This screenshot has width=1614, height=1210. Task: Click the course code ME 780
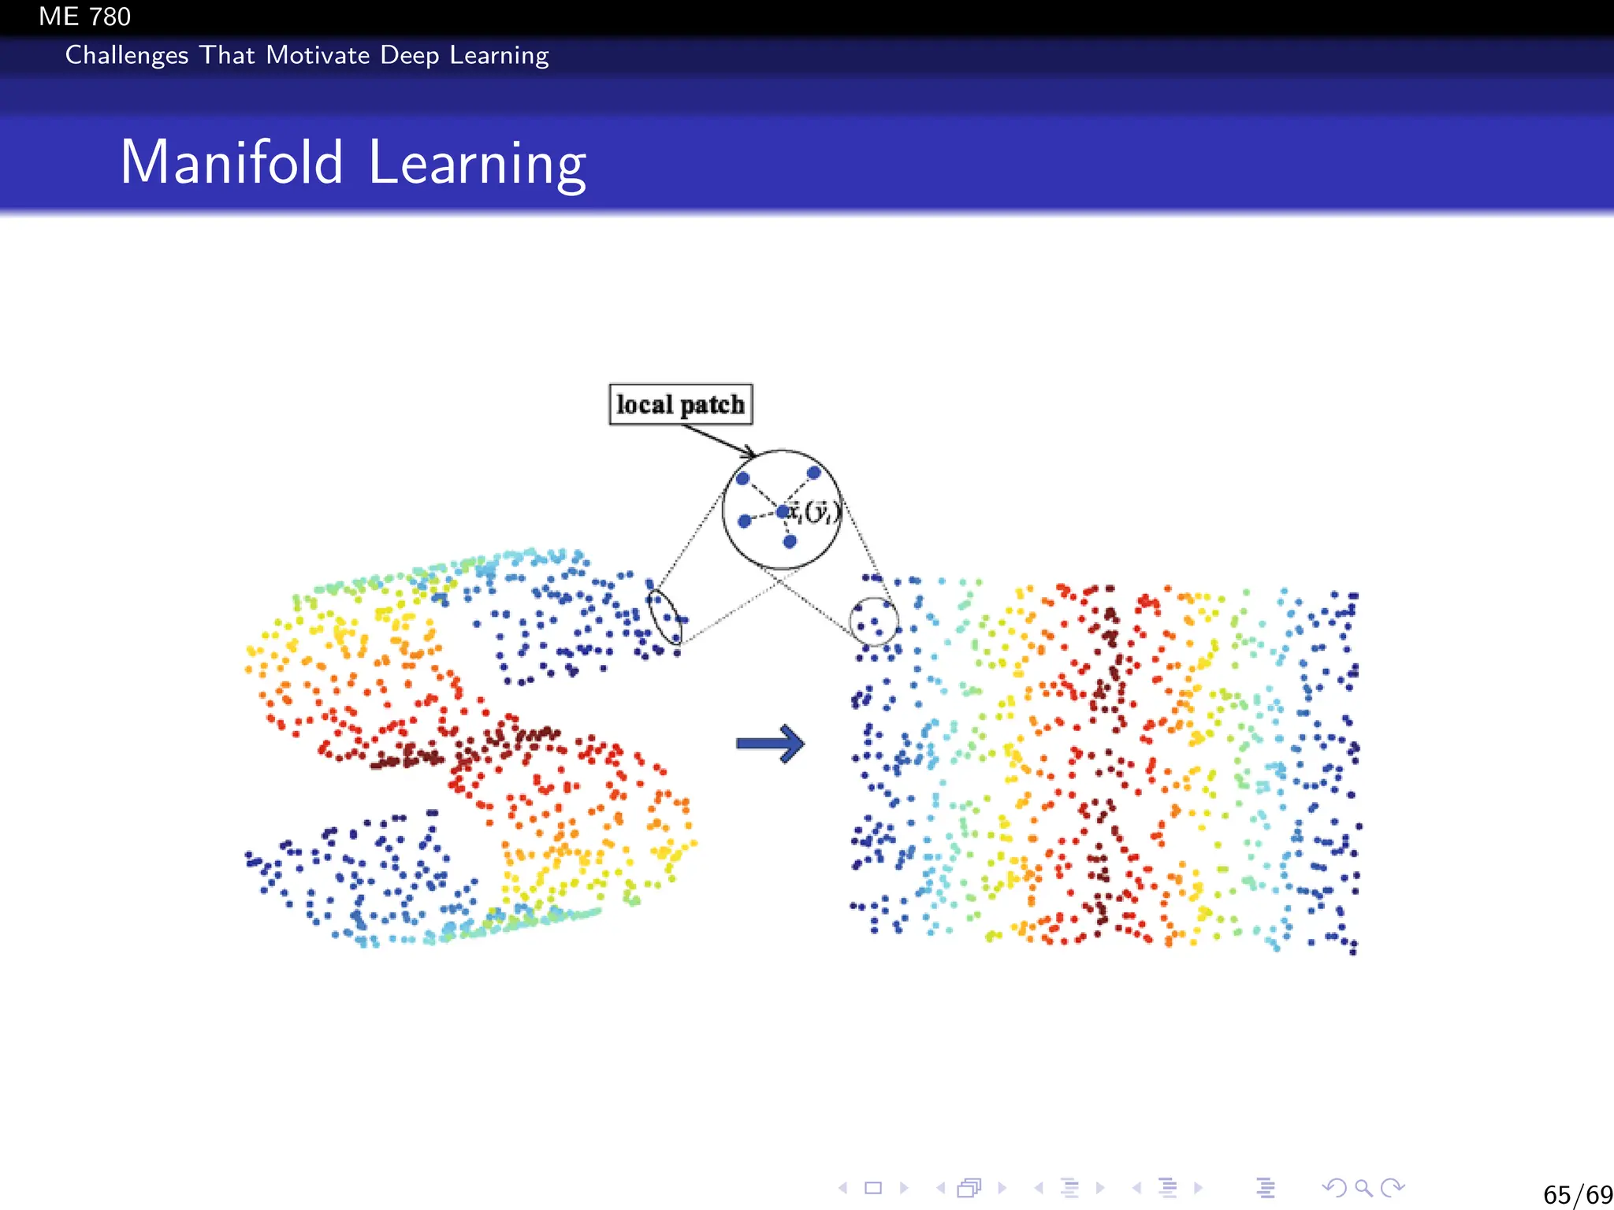pos(84,17)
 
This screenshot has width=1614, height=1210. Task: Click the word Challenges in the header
pos(126,55)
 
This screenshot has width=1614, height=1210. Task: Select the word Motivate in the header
pos(318,55)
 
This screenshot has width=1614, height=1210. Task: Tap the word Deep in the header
pos(409,55)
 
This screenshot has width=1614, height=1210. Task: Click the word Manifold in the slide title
pos(232,162)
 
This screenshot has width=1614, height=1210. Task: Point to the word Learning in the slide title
pos(477,164)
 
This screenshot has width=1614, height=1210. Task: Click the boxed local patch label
pos(680,404)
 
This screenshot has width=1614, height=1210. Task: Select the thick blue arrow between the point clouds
pos(770,744)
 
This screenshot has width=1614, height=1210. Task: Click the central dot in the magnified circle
pos(782,512)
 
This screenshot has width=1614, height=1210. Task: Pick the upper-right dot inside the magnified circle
pos(814,473)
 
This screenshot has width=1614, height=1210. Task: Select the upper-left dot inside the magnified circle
pos(742,478)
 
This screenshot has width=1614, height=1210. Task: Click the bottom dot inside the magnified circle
pos(790,541)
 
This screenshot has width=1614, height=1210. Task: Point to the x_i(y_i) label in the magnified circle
pos(814,512)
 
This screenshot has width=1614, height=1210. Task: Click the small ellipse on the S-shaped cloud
pos(664,616)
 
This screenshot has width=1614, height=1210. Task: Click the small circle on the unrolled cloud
pos(874,621)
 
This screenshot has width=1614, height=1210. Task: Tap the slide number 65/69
pos(1577,1194)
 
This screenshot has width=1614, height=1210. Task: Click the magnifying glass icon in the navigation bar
pos(1363,1187)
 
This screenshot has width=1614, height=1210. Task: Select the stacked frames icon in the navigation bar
pos(969,1187)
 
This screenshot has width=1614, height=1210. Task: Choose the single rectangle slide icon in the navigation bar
pos(873,1187)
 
